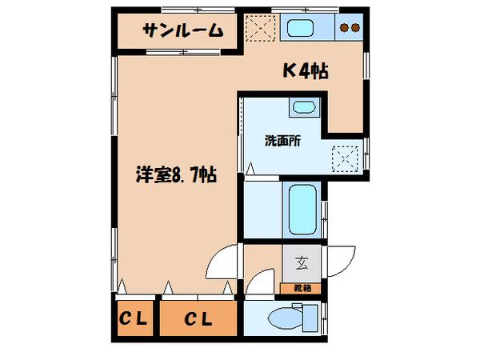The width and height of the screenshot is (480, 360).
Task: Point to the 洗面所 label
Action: [282, 140]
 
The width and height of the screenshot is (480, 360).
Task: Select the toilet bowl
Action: [285, 319]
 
